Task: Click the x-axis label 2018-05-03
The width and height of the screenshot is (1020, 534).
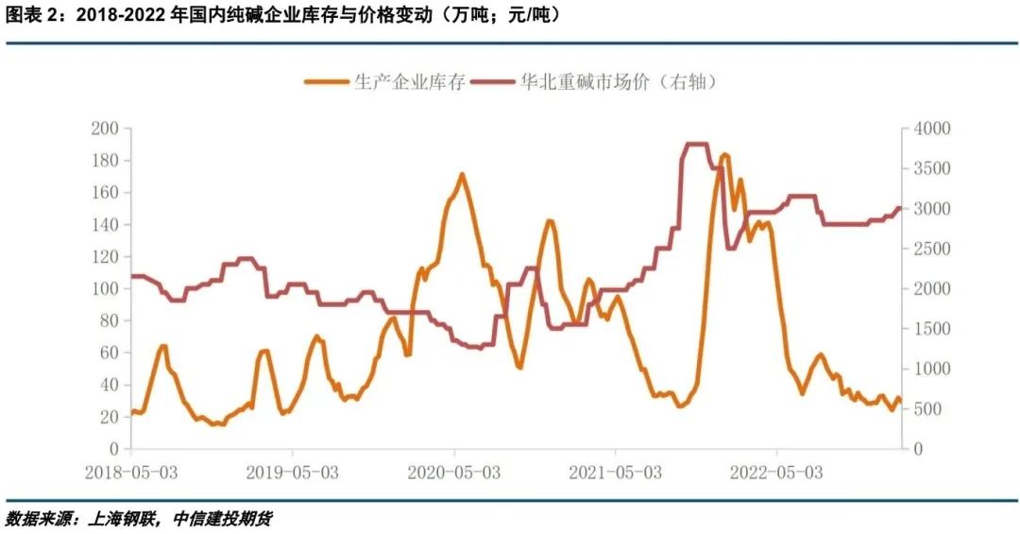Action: point(131,471)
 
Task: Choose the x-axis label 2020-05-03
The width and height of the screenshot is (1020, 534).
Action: point(454,471)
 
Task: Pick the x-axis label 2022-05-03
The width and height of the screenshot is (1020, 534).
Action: point(776,471)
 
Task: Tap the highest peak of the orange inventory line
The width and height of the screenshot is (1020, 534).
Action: point(724,155)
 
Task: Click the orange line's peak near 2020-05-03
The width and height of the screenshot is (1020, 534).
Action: point(461,175)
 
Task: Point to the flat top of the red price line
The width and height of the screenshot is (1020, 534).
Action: point(695,145)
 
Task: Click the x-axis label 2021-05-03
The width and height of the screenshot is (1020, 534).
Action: point(616,471)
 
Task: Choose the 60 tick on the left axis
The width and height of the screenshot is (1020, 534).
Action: point(108,353)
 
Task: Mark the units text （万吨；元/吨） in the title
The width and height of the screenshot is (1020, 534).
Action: point(499,16)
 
